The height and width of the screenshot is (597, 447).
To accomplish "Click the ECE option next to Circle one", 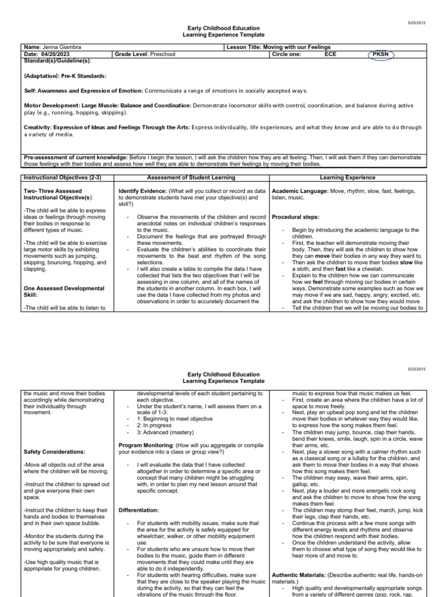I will click(331, 54).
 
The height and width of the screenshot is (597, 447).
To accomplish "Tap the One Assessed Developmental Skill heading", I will click(64, 292).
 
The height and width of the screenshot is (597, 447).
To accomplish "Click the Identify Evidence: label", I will click(141, 191).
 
